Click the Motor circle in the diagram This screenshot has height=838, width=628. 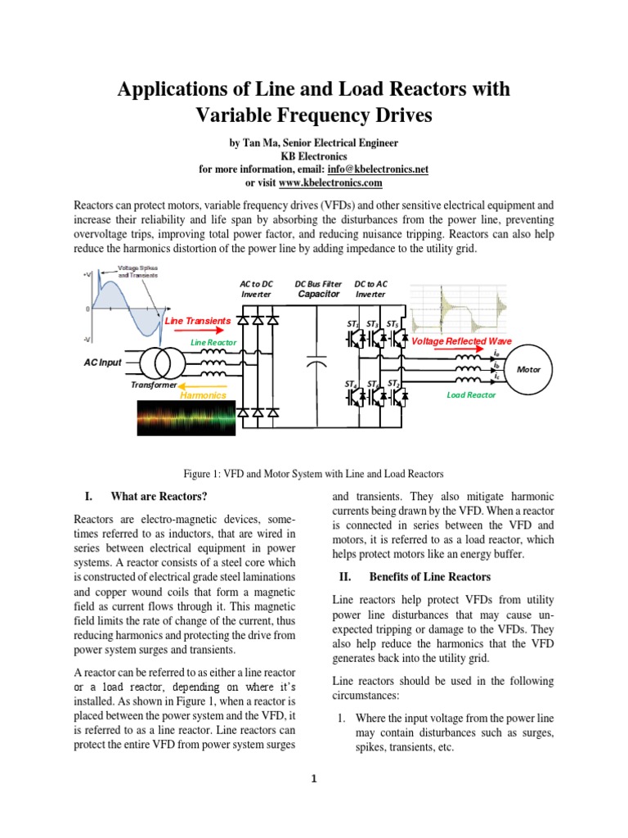(529, 369)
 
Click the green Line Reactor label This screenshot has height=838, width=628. (213, 341)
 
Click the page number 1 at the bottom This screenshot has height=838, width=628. (313, 778)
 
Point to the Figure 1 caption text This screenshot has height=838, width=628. (313, 474)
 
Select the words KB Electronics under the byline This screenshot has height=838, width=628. (313, 156)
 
